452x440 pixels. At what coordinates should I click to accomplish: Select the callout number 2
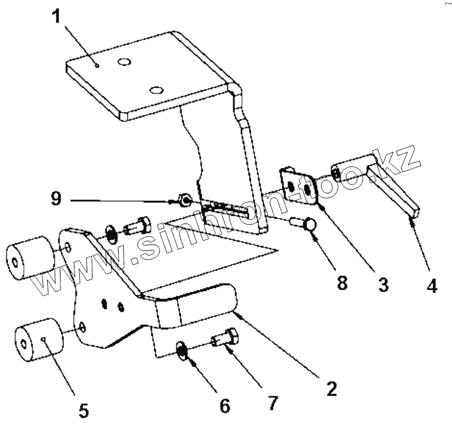[331, 388]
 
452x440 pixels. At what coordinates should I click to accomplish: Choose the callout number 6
[224, 404]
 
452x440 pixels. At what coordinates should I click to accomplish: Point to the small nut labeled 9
[184, 201]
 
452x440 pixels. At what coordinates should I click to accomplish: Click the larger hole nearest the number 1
[123, 61]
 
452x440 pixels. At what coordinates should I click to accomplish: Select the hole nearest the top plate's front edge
[155, 89]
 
